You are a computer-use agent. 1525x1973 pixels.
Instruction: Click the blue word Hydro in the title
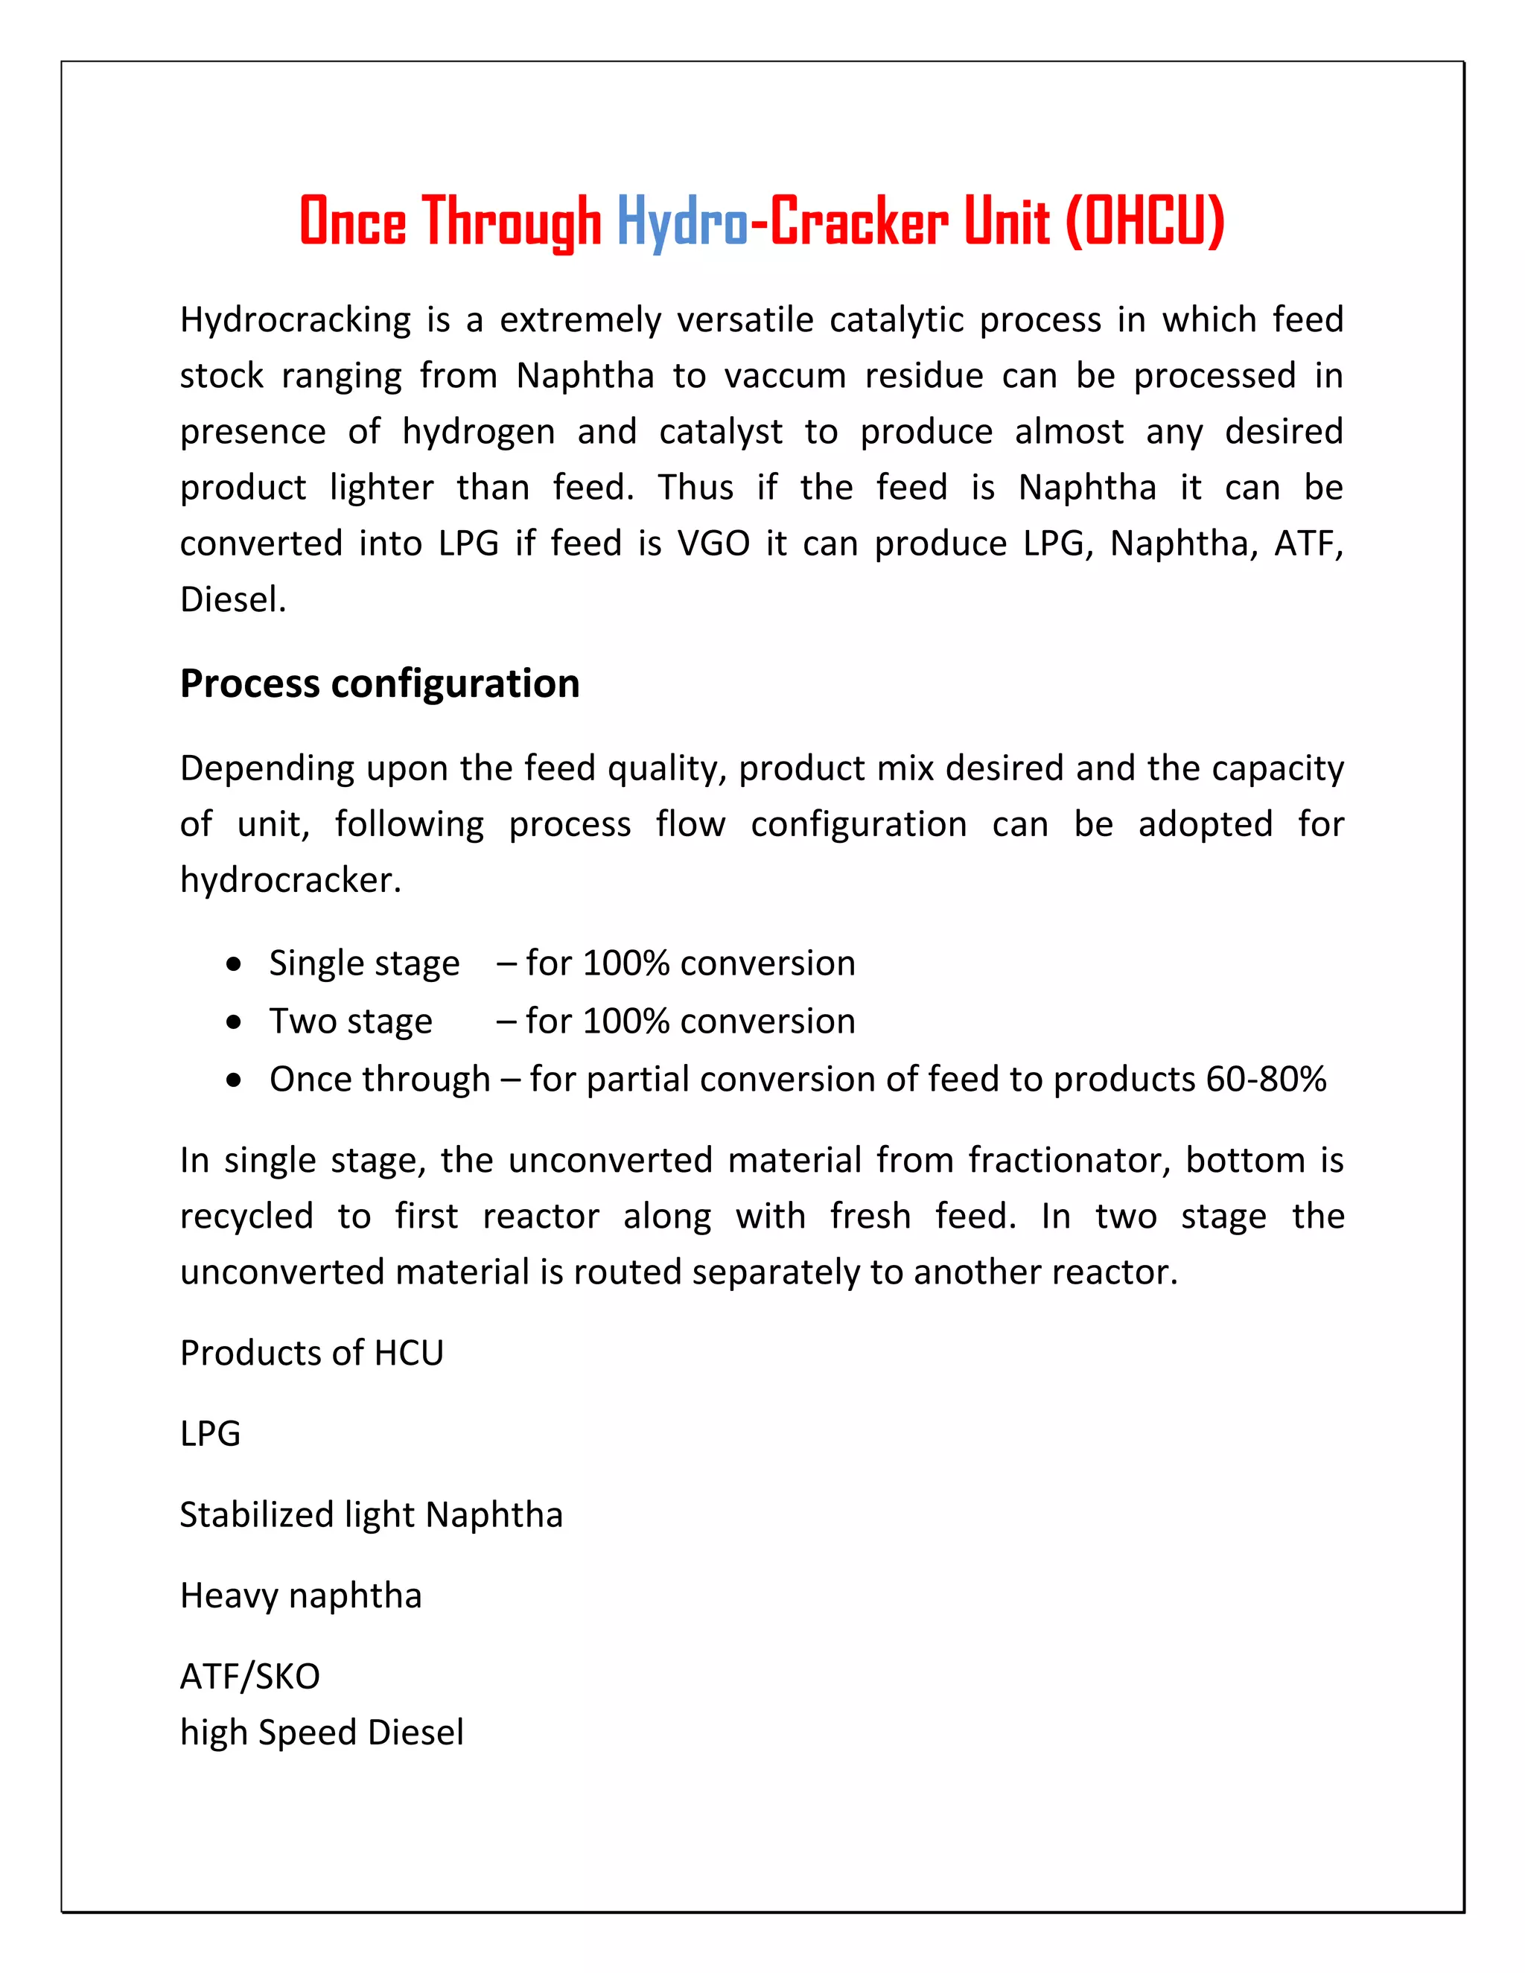[x=682, y=221]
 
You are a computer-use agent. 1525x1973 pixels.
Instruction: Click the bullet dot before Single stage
[x=235, y=965]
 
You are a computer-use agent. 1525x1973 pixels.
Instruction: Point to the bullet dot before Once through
[x=235, y=1080]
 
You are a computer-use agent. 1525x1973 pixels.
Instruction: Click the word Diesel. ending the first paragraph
[x=233, y=600]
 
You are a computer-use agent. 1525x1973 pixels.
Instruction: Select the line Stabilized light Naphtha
[x=370, y=1515]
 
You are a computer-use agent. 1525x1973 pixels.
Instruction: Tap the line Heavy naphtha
[x=301, y=1596]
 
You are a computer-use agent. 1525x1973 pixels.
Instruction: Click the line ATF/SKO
[x=250, y=1677]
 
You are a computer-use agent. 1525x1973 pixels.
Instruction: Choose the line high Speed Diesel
[x=322, y=1733]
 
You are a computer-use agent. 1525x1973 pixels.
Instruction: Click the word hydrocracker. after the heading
[x=290, y=881]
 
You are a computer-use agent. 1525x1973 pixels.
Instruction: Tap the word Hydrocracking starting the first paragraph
[x=296, y=321]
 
